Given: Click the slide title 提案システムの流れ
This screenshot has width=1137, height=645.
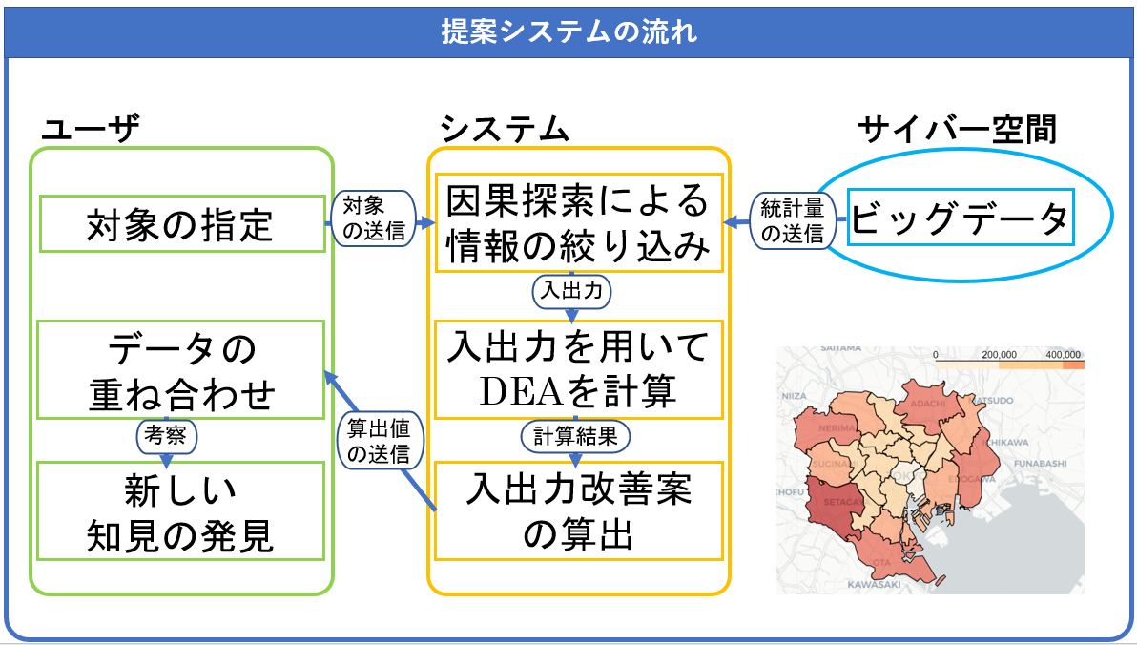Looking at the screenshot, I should tap(568, 31).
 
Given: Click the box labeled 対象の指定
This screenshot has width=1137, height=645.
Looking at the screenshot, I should tap(180, 225).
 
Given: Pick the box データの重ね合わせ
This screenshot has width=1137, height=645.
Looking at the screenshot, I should tap(180, 370).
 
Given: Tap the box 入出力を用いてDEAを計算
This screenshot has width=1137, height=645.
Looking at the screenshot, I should tap(578, 369).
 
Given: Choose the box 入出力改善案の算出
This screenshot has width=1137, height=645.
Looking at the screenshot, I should tap(578, 511).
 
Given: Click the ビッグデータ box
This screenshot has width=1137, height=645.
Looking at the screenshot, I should tap(960, 220).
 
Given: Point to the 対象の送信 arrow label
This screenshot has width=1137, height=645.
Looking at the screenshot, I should tap(374, 218).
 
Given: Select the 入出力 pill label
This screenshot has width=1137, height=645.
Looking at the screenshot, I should tap(571, 292).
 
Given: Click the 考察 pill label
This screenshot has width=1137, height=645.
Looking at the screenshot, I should tap(167, 436).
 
